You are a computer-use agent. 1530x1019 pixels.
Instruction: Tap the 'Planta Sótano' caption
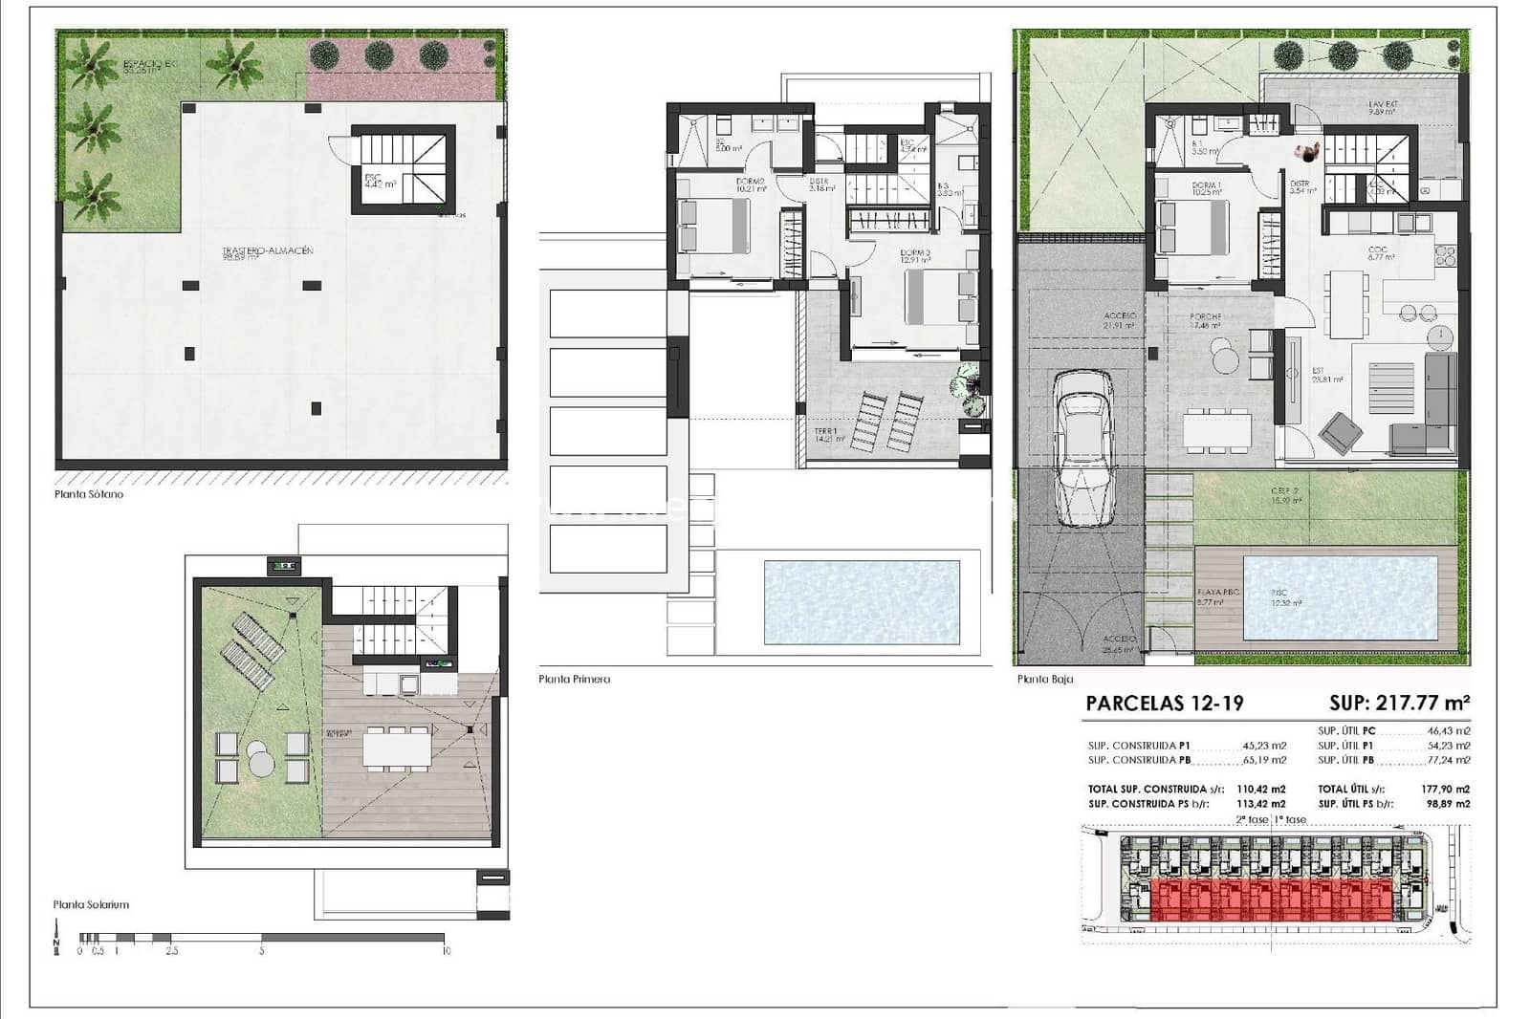[x=89, y=495]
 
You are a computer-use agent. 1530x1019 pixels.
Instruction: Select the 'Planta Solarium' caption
[x=91, y=904]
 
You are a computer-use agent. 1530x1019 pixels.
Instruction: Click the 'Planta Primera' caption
[x=574, y=680]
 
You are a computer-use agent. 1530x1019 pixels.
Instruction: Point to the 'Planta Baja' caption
[x=1044, y=680]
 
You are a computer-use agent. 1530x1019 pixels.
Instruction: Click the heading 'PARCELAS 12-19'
[x=1164, y=704]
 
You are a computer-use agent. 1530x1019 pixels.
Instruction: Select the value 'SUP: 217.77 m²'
[x=1399, y=704]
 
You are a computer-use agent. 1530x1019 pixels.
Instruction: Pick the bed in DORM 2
[x=712, y=226]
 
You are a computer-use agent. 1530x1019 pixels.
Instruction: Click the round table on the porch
[x=1224, y=358]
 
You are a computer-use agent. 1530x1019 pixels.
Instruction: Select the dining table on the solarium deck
[x=398, y=748]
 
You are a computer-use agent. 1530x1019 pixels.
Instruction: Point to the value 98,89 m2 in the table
[x=1447, y=804]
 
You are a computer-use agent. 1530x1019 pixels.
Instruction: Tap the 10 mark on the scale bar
[x=446, y=951]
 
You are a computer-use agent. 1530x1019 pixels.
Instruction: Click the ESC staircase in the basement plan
[x=402, y=170]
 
